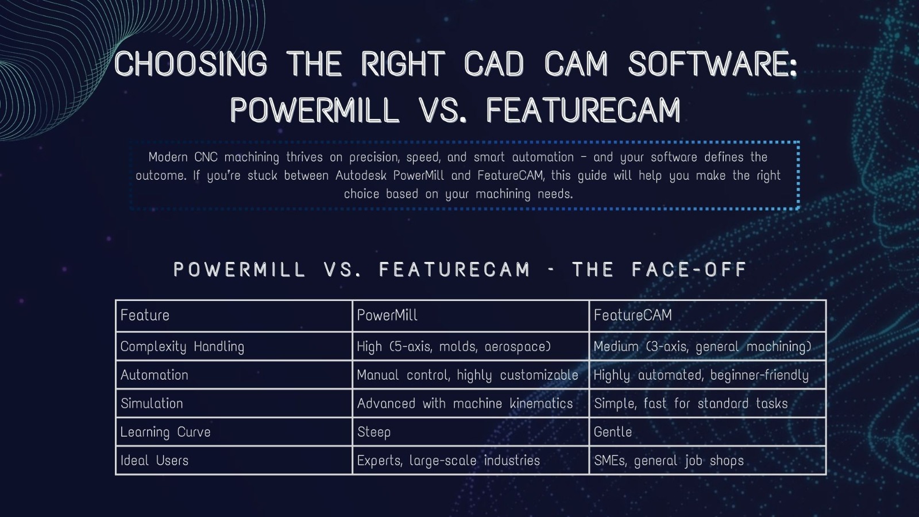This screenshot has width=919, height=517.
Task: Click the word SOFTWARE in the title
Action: click(712, 63)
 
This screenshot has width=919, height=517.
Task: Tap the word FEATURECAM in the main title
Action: click(584, 110)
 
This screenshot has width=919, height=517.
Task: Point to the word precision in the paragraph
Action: click(373, 157)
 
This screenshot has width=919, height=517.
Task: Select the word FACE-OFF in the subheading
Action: click(689, 269)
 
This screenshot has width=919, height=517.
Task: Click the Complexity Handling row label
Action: click(182, 346)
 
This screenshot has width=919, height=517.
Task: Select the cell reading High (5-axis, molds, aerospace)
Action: click(454, 346)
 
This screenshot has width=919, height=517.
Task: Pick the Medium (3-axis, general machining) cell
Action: click(702, 346)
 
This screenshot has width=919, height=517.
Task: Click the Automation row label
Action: click(155, 375)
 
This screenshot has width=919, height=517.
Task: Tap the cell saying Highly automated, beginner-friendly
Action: click(701, 375)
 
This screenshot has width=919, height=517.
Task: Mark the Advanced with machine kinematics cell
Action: click(465, 403)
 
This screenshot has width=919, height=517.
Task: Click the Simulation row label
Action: click(152, 403)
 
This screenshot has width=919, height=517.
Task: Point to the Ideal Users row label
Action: click(155, 460)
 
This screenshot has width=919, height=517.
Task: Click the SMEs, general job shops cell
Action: click(669, 460)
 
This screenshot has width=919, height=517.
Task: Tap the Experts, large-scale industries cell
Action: click(449, 460)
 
